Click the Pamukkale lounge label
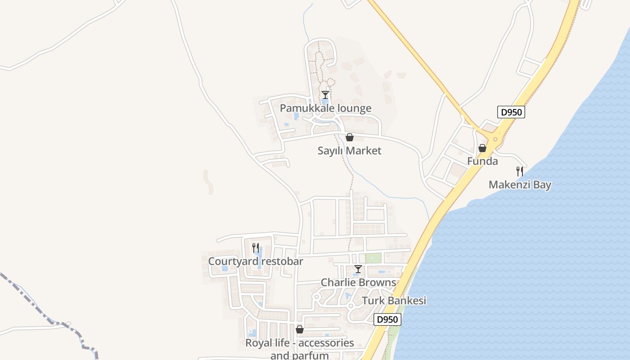tap(325, 108)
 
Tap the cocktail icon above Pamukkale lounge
tap(325, 95)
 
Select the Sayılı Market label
tap(349, 151)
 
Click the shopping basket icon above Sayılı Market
tap(349, 137)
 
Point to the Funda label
tap(482, 161)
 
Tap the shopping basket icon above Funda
tap(482, 148)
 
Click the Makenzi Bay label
tap(520, 184)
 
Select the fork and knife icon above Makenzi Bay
tap(519, 171)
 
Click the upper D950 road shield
tap(511, 112)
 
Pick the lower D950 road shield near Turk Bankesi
tap(387, 319)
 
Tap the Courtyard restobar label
tap(255, 261)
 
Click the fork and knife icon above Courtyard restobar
tap(255, 248)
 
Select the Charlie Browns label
tap(358, 283)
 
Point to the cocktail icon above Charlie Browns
tap(358, 269)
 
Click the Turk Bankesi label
tap(394, 301)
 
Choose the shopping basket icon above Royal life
tap(300, 330)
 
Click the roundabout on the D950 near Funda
tap(495, 139)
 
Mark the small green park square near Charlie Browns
tap(373, 258)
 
